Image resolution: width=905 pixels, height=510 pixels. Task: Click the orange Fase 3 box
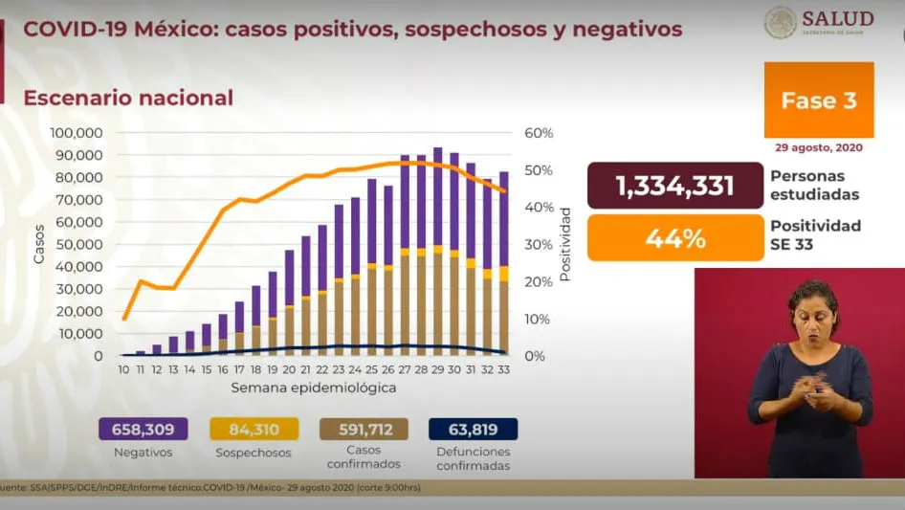pos(818,100)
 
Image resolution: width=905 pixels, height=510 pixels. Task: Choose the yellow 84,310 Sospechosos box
pos(251,430)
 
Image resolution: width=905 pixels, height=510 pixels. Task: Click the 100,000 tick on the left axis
pos(76,133)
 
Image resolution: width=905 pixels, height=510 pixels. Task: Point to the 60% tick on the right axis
pos(539,133)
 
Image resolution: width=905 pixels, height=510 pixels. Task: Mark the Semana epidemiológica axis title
pos(313,388)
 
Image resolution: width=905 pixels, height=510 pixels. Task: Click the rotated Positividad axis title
pos(565,244)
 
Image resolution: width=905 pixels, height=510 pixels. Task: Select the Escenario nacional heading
pos(128,98)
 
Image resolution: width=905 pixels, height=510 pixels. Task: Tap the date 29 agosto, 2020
pos(818,148)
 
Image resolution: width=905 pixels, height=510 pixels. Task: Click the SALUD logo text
pos(839,19)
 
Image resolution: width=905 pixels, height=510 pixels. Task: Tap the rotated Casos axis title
pos(39,244)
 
